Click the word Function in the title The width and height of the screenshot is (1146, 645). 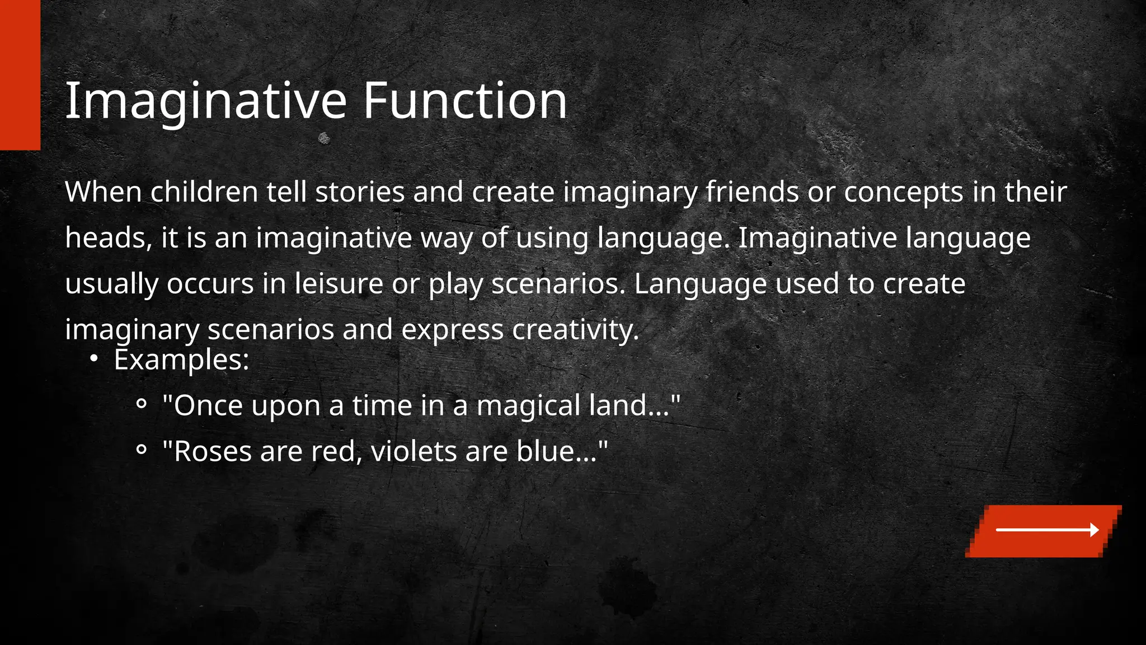point(465,101)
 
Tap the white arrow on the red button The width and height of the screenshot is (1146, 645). point(1047,530)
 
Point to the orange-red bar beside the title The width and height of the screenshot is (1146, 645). point(20,75)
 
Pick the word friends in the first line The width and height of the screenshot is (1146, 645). point(752,192)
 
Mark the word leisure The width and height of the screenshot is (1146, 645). point(339,284)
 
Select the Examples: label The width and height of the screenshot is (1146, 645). point(181,360)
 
